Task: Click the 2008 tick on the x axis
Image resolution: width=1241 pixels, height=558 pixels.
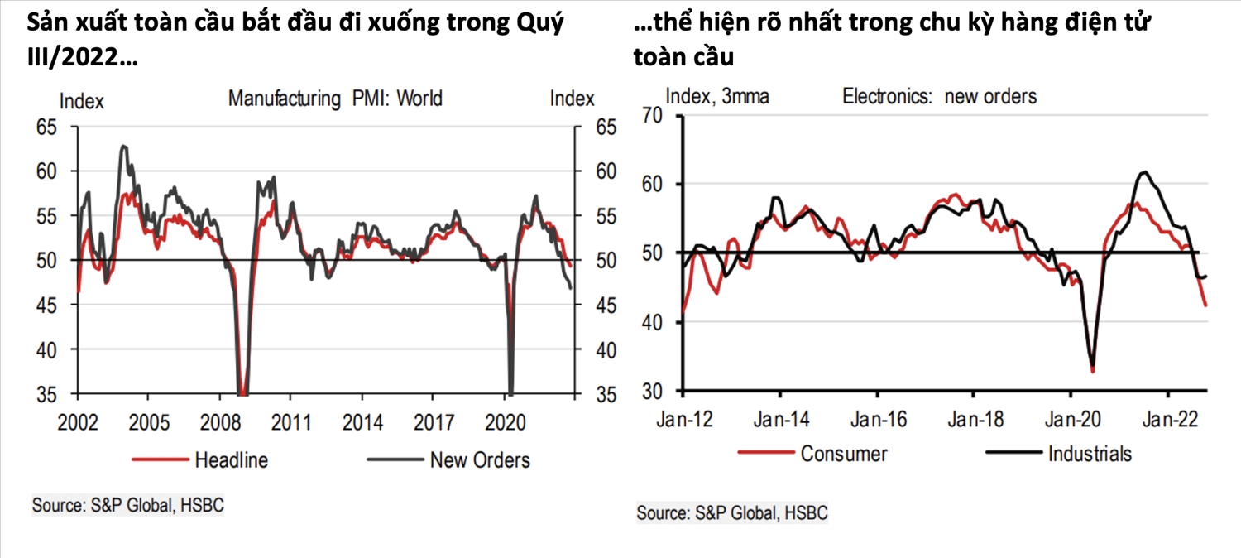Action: (x=219, y=422)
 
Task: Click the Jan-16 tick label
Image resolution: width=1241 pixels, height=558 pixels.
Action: (x=879, y=419)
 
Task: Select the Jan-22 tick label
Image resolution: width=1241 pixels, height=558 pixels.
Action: (x=1167, y=419)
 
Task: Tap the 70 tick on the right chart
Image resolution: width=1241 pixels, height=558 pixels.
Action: (x=654, y=115)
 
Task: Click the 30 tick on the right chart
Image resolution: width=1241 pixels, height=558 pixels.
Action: (x=654, y=391)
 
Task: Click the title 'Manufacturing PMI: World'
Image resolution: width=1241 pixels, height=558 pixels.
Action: (x=335, y=99)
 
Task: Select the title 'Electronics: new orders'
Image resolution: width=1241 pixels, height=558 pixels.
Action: (x=939, y=96)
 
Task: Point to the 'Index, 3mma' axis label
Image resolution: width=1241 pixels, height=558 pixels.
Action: (x=717, y=96)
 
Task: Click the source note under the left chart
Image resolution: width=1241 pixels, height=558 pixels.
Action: (x=128, y=504)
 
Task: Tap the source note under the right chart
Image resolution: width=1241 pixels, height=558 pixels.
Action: (x=732, y=512)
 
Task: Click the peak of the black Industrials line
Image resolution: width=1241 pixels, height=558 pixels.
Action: (x=1144, y=172)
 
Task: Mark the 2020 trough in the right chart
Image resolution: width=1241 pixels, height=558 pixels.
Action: (x=1093, y=370)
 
